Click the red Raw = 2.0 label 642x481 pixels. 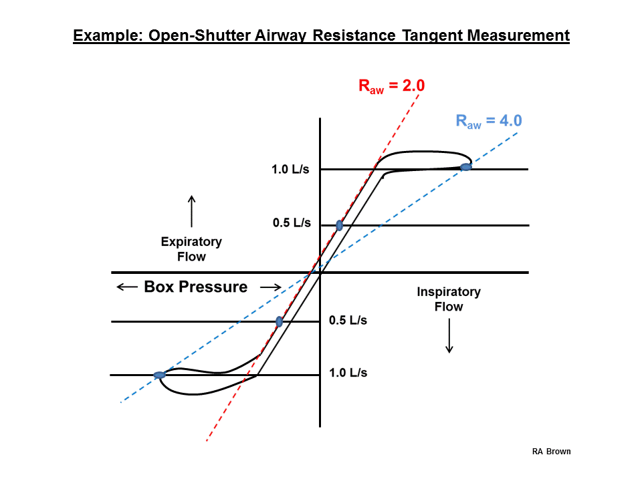pyautogui.click(x=391, y=86)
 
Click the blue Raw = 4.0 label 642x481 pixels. pyautogui.click(x=489, y=121)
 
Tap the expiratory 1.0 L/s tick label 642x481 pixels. pyautogui.click(x=290, y=169)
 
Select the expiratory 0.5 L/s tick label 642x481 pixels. pyautogui.click(x=292, y=223)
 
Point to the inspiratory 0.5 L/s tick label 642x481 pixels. pyautogui.click(x=348, y=320)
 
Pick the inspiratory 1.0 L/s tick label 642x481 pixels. pyautogui.click(x=348, y=373)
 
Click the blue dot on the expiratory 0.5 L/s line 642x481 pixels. pyautogui.click(x=340, y=225)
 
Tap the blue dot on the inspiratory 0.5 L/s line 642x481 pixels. pyautogui.click(x=280, y=321)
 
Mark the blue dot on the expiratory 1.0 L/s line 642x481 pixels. pyautogui.click(x=466, y=167)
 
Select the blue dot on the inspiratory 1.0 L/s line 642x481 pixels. pyautogui.click(x=159, y=375)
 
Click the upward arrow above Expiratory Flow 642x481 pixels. pyautogui.click(x=192, y=211)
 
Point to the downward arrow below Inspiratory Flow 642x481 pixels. pyautogui.click(x=449, y=336)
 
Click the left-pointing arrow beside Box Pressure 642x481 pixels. pyautogui.click(x=127, y=287)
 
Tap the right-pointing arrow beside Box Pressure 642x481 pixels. pyautogui.click(x=271, y=287)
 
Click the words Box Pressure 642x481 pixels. pyautogui.click(x=196, y=287)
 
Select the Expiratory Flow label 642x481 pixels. pyautogui.click(x=191, y=249)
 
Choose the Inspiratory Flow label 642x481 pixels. pyautogui.click(x=449, y=299)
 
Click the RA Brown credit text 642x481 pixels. pyautogui.click(x=551, y=452)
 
